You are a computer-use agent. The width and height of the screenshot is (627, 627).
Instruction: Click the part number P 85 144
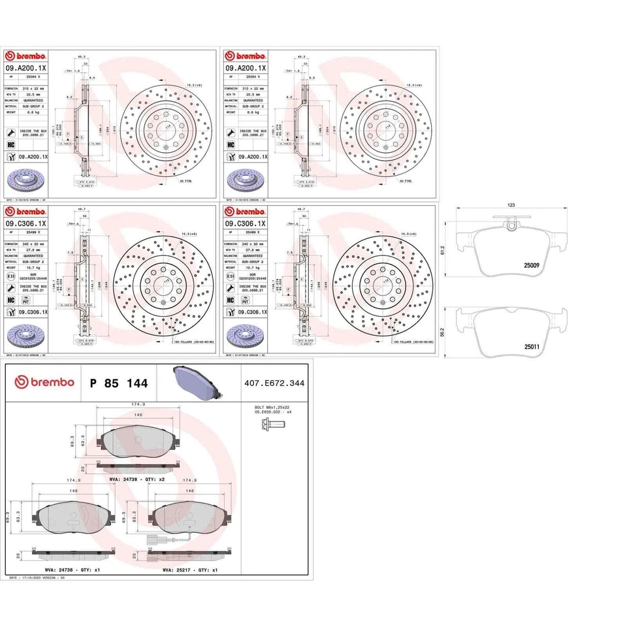coord(118,383)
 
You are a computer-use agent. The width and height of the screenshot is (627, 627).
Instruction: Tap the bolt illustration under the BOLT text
coord(274,425)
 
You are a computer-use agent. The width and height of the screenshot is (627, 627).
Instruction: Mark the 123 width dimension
coord(511,206)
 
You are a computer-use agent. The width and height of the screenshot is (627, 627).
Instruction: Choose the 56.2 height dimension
coord(443,332)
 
